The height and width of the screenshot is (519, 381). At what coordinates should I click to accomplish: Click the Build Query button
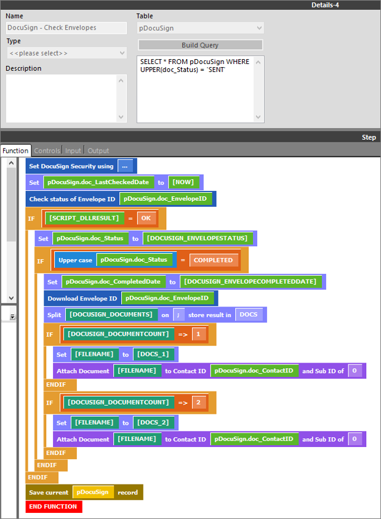click(x=200, y=45)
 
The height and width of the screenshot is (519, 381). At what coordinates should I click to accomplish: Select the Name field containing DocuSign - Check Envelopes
click(x=66, y=28)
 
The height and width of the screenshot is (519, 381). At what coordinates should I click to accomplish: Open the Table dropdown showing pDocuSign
click(x=200, y=28)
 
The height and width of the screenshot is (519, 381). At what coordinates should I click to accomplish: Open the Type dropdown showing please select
click(x=66, y=53)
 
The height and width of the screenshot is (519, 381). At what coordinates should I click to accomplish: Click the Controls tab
click(x=47, y=151)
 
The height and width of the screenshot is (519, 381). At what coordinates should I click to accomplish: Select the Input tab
click(x=73, y=151)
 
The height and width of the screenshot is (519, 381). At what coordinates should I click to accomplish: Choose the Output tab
click(x=98, y=151)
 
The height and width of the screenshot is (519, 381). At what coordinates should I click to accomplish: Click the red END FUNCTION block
click(x=54, y=507)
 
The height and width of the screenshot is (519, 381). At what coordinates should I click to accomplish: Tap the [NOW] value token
click(x=183, y=182)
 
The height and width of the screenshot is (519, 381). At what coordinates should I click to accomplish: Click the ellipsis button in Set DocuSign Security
click(x=125, y=166)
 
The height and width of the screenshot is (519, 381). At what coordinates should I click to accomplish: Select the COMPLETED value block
click(x=214, y=260)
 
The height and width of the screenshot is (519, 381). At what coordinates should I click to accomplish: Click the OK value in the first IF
click(x=146, y=218)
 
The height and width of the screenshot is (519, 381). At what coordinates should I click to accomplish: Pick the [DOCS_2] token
click(x=153, y=422)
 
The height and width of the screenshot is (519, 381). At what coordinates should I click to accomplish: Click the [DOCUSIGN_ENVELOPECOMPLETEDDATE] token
click(x=251, y=281)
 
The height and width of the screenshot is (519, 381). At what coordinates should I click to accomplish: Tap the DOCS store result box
click(x=249, y=315)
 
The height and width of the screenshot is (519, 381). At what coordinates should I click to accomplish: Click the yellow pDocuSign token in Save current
click(x=93, y=492)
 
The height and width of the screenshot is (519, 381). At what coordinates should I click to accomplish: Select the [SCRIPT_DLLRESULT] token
click(x=84, y=218)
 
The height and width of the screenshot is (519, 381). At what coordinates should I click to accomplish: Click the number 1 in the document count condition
click(x=198, y=334)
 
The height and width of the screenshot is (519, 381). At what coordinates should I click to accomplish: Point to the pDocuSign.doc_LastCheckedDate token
click(x=98, y=182)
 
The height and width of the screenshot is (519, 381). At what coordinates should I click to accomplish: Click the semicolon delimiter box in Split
click(x=178, y=315)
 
